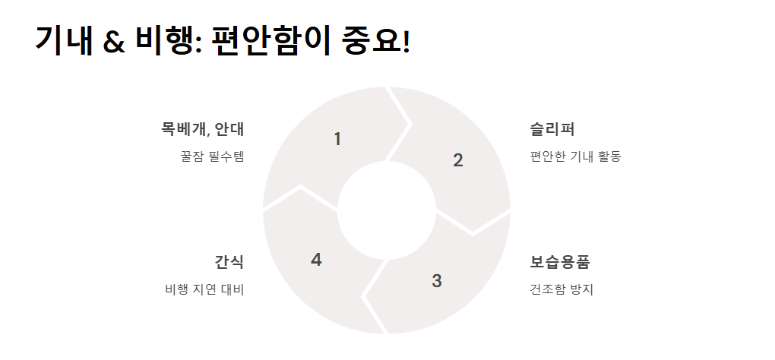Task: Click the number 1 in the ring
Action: pos(337,140)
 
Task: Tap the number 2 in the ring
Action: pos(457,160)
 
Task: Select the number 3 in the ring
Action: pos(436,281)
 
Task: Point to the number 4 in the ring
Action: pos(316,260)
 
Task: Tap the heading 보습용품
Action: pos(560,262)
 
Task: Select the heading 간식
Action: pos(229,262)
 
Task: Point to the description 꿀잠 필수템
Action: pos(212,157)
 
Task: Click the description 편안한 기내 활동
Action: pos(575,157)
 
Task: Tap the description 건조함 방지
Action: pos(561,290)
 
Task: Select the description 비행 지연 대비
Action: pos(204,290)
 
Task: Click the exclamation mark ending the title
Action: pos(405,40)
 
